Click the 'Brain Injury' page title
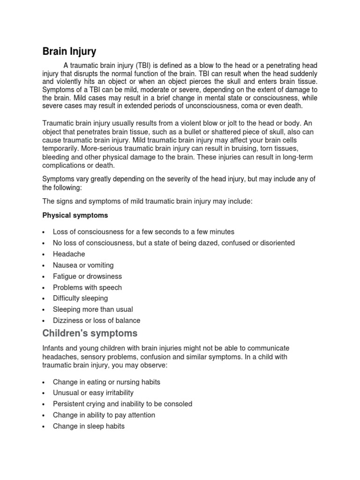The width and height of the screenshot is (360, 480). point(69,50)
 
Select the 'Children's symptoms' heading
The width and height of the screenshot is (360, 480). point(90,333)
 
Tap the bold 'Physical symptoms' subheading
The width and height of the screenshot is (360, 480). point(75,215)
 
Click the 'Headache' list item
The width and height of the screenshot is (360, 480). point(69,254)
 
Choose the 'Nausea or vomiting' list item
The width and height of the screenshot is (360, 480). point(82,265)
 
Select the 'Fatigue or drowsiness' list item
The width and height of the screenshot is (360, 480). point(87,276)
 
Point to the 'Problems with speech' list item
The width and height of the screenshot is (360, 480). point(87,287)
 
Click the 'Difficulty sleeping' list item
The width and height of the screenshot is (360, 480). point(80,298)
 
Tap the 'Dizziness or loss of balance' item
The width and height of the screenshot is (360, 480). point(97,321)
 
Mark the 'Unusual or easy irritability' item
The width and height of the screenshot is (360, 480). point(93,393)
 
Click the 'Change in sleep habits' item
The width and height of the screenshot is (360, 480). point(89,426)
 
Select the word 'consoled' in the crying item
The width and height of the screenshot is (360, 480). point(178,404)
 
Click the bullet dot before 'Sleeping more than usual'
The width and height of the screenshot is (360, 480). point(43,310)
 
